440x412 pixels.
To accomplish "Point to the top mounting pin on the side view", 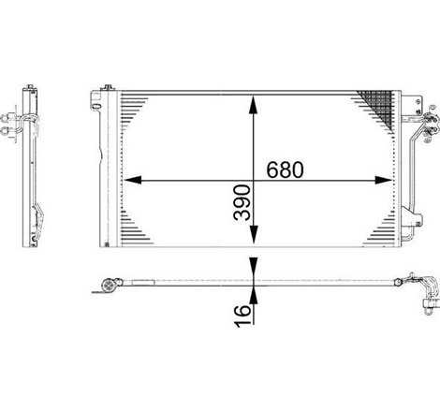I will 31,85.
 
